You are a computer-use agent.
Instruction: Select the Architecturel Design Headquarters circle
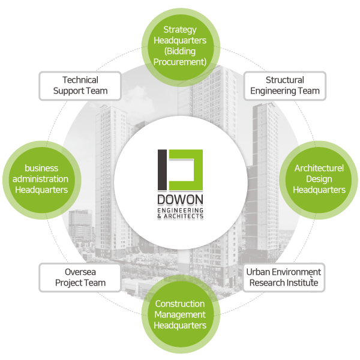[x=319, y=179]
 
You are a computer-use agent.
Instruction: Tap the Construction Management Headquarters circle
[x=180, y=314]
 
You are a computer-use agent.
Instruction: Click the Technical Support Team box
[x=80, y=86]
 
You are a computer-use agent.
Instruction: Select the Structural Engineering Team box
[x=284, y=86]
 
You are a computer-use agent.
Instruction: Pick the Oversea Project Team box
[x=80, y=277]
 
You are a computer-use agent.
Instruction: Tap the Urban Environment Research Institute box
[x=284, y=277]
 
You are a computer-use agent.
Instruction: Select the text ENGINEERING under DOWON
[x=180, y=211]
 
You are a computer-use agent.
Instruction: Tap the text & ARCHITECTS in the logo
[x=180, y=216]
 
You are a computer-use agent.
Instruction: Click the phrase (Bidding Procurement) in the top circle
[x=180, y=56]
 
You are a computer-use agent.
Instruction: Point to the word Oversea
[x=80, y=272]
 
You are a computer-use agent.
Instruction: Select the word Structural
[x=284, y=80]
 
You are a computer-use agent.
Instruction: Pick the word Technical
[x=80, y=80]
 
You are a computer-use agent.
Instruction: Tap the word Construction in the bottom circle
[x=180, y=304]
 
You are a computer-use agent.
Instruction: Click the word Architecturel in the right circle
[x=319, y=169]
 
